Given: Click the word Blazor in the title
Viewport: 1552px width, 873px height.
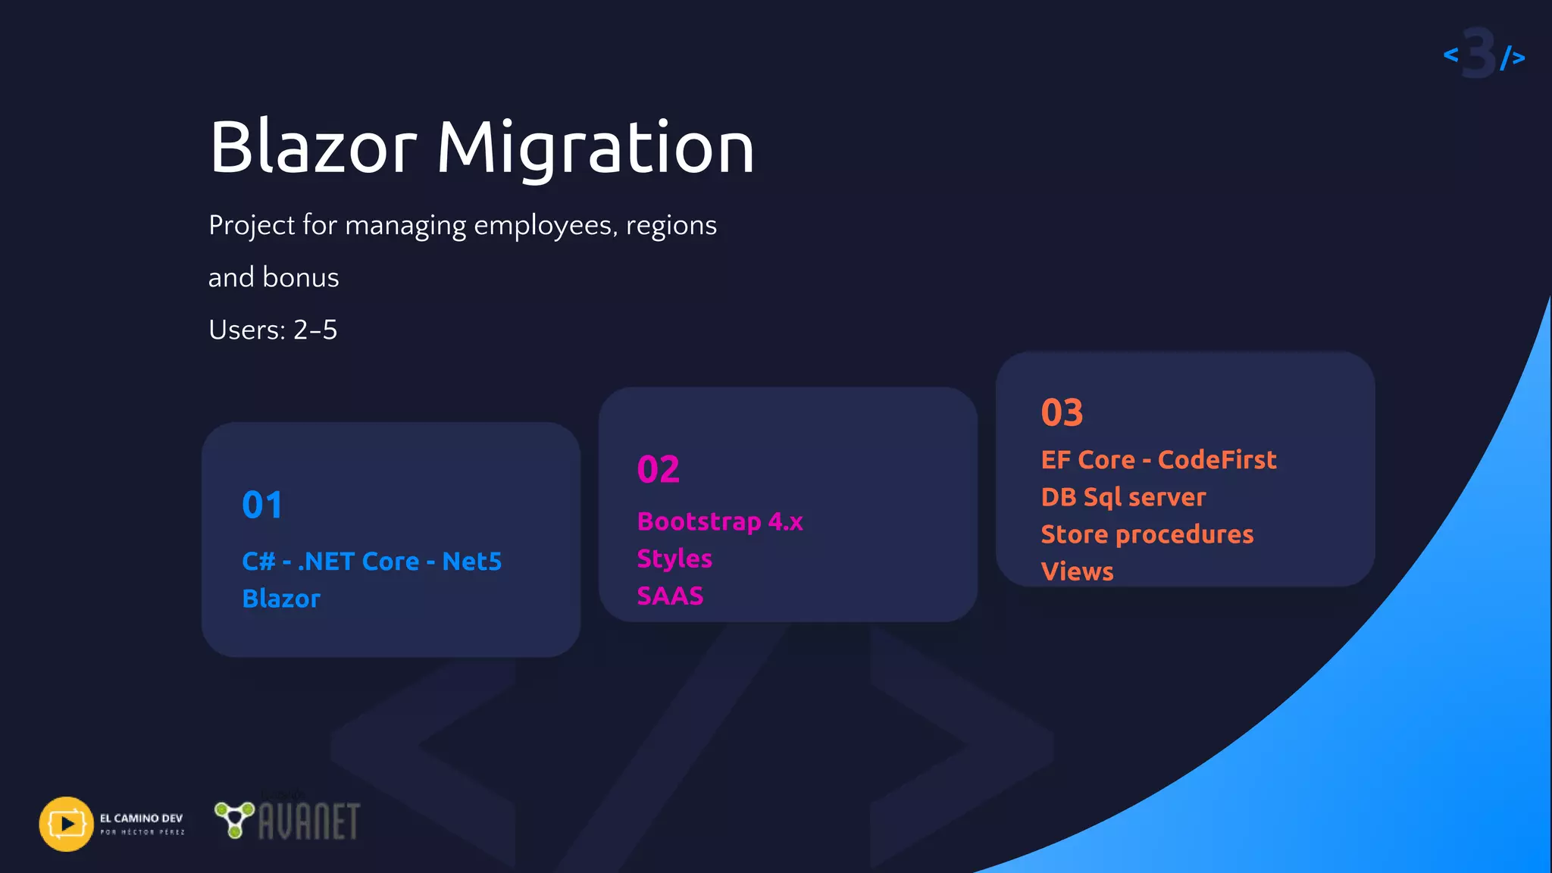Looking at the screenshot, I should coord(313,148).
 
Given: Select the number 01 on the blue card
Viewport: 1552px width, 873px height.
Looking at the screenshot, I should coord(262,505).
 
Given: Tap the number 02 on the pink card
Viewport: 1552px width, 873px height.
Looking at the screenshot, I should coord(658,469).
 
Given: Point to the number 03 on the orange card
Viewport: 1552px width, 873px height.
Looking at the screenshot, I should coord(1062,413).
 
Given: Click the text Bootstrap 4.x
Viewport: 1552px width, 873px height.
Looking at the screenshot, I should coord(719,521).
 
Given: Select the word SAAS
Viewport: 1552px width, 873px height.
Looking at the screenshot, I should coord(670,596).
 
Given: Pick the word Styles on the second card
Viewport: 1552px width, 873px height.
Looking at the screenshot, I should coord(674,559).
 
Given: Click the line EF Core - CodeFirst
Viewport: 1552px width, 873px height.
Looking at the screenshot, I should coord(1158,460).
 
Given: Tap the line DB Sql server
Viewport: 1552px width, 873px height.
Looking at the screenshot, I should coord(1122,497).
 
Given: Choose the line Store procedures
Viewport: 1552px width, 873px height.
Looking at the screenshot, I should coord(1147,534).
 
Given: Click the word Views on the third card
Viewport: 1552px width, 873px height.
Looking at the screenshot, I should coord(1077,571).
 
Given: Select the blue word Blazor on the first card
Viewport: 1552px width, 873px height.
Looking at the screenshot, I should coord(281,599).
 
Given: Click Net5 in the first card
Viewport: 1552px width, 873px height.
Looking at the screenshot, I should coord(471,562).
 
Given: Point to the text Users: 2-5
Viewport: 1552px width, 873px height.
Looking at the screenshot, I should coord(273,330).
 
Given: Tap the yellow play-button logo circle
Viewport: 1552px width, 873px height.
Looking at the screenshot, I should coord(67,824).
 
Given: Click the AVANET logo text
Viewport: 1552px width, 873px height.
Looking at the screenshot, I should coord(308,822).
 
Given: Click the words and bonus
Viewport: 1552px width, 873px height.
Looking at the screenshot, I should coord(274,277).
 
